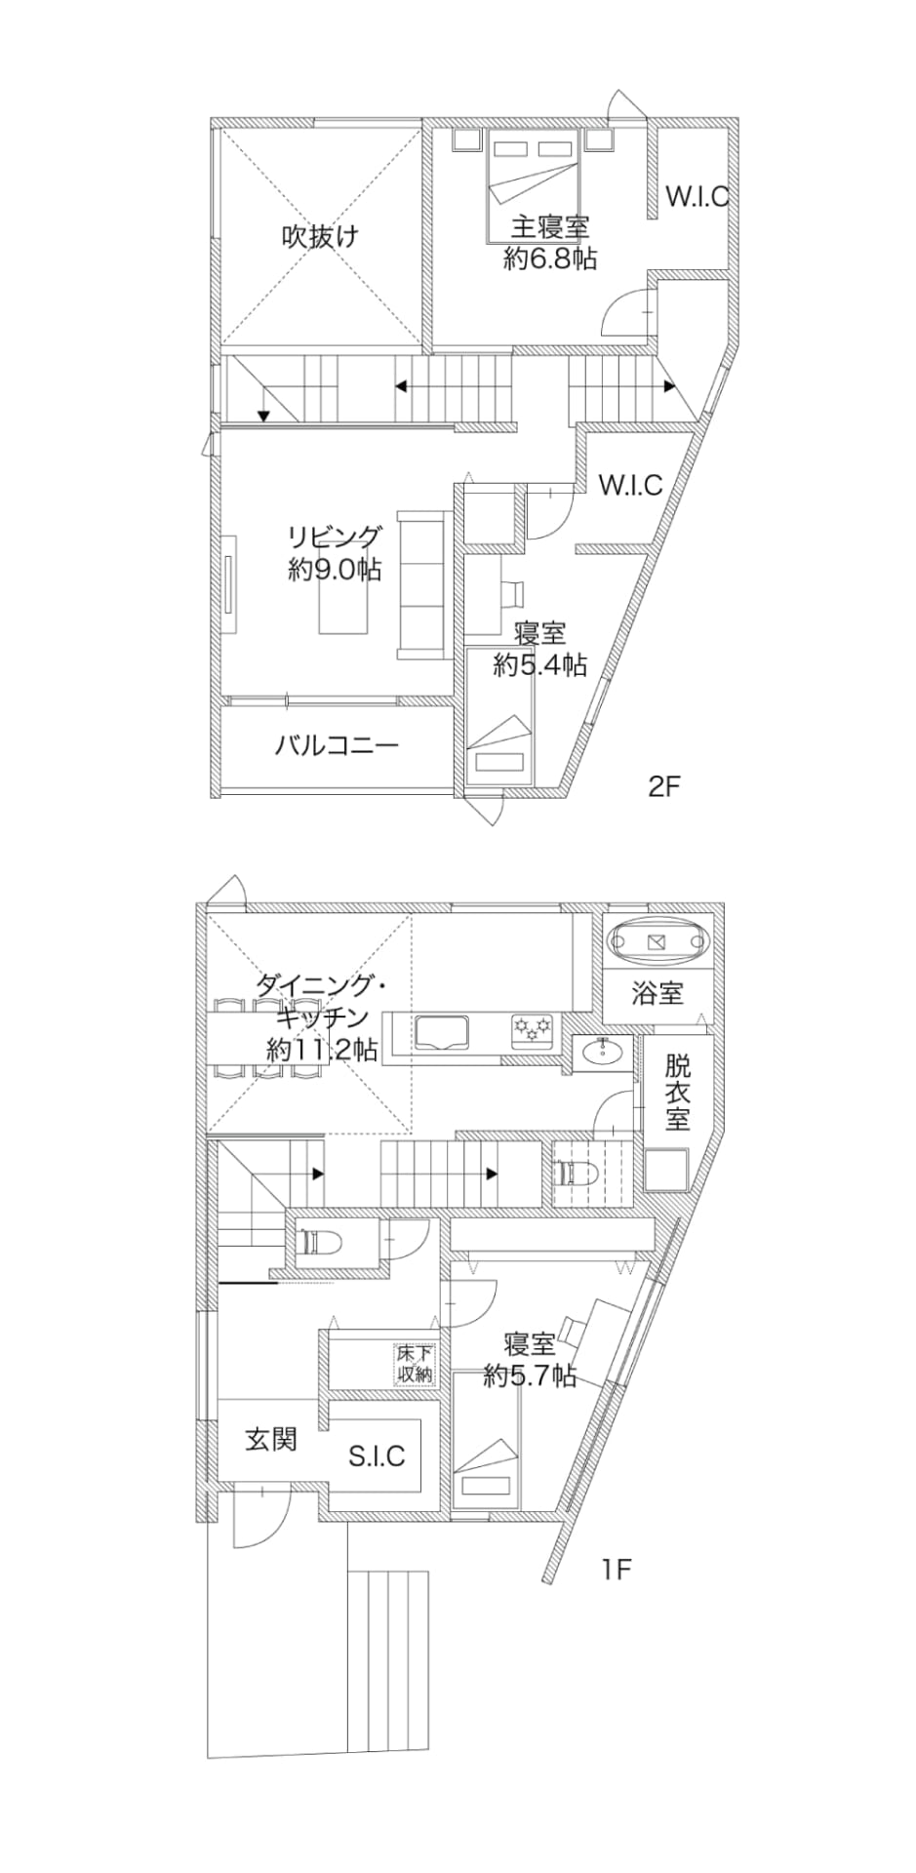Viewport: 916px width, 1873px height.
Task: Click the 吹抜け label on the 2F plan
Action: (x=320, y=236)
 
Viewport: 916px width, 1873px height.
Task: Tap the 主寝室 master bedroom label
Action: (x=550, y=227)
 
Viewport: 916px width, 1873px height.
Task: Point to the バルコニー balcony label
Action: (x=337, y=746)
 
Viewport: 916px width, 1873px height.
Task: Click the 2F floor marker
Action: (x=662, y=786)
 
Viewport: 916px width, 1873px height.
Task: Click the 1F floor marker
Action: (x=617, y=1569)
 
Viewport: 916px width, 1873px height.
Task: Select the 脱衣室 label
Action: (x=678, y=1091)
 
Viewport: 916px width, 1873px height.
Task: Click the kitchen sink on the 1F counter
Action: (x=442, y=1032)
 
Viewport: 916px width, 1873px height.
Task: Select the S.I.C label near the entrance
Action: (x=377, y=1455)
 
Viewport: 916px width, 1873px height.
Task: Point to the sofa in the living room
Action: (x=420, y=584)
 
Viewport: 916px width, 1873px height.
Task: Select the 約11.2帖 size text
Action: (x=322, y=1050)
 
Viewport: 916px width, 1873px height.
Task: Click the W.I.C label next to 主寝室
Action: (x=697, y=196)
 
